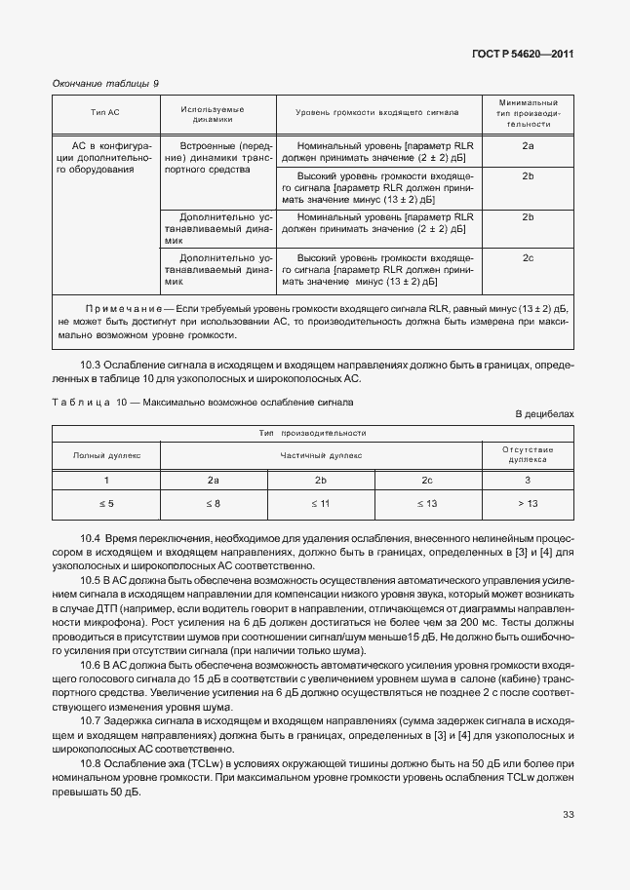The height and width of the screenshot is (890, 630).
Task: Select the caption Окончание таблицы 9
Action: (x=104, y=84)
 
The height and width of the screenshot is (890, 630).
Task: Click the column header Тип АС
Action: (x=105, y=113)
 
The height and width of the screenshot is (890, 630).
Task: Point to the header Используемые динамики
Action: (x=212, y=113)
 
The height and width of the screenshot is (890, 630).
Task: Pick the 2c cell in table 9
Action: (x=528, y=257)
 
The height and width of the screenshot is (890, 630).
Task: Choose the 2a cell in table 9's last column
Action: (x=528, y=145)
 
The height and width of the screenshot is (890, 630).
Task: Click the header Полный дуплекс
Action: (x=107, y=454)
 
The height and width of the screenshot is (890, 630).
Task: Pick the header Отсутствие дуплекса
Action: (x=528, y=454)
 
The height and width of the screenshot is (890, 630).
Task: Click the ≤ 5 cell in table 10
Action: (x=107, y=503)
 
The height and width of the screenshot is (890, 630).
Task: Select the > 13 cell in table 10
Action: (x=528, y=503)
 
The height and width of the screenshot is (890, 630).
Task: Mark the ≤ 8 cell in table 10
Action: (x=214, y=503)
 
